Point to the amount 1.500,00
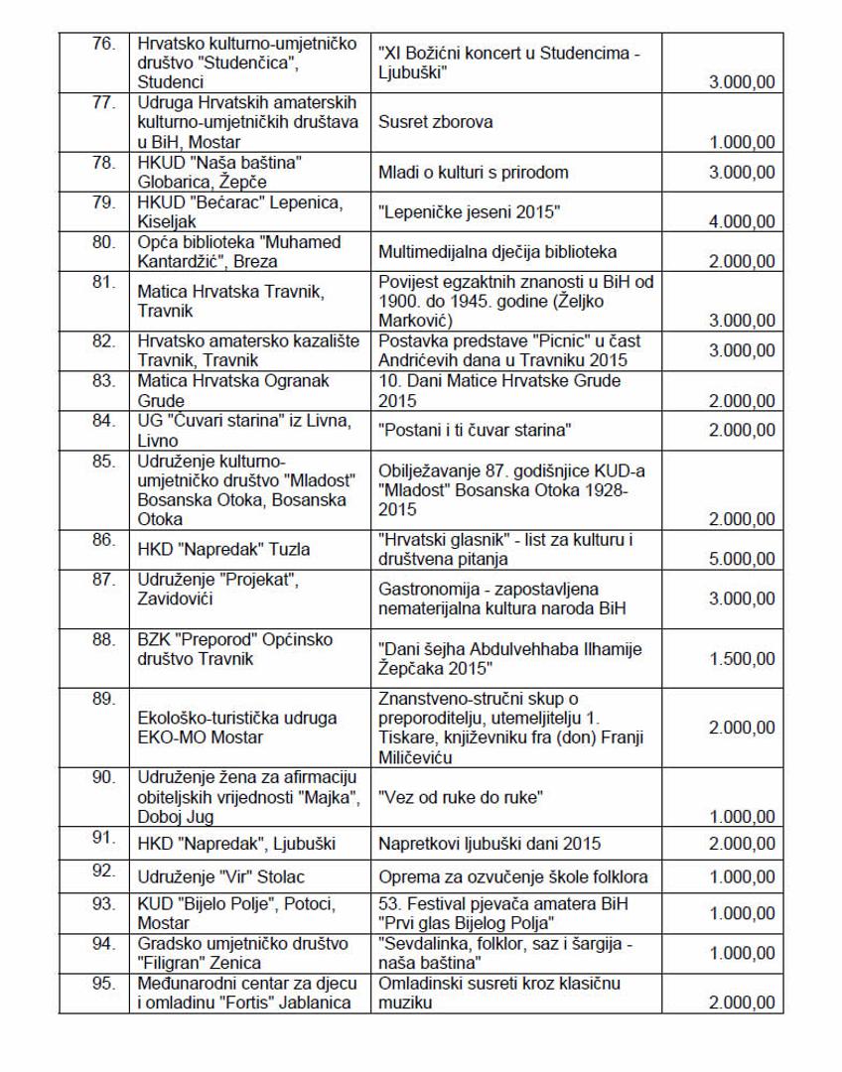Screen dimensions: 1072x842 735,660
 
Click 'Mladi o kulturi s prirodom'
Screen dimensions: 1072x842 474,172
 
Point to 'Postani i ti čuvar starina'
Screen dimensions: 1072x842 476,429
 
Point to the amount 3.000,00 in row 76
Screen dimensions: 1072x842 735,83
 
